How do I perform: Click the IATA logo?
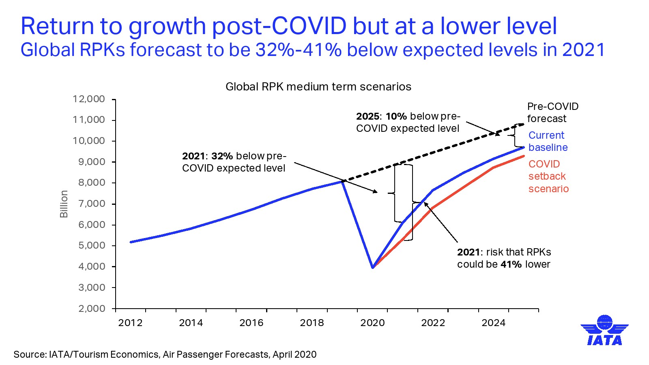point(604,331)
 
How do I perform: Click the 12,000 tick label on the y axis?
point(88,99)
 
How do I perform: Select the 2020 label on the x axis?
point(372,323)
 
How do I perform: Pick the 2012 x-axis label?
point(130,323)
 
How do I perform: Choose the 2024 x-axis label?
point(493,323)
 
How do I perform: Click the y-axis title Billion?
point(64,204)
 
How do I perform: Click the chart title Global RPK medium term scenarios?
point(318,87)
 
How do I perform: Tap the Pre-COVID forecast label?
point(552,112)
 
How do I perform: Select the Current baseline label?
point(548,141)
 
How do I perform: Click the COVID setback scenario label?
point(548,176)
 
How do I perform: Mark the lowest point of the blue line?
point(372,267)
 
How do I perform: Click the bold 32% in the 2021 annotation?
point(222,156)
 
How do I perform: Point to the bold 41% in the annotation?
point(511,264)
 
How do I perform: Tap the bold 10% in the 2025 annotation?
point(396,116)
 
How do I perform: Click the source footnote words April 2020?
point(294,354)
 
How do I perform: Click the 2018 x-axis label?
point(312,323)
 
